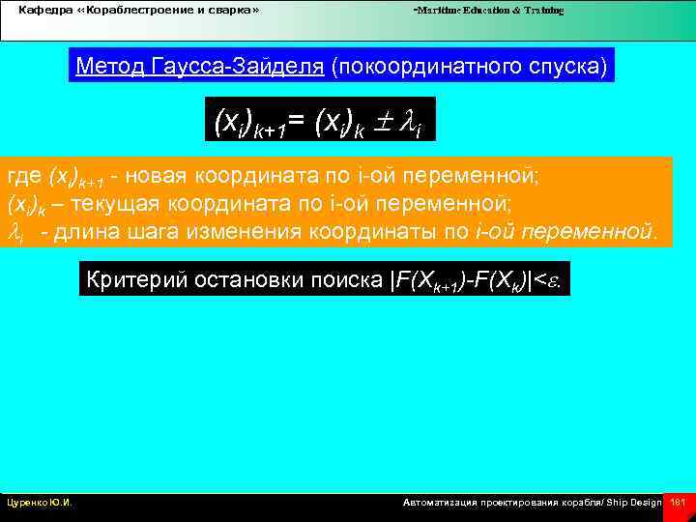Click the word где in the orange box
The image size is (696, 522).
click(x=22, y=177)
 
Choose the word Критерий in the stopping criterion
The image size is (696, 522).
click(x=130, y=281)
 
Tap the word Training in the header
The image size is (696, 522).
click(x=543, y=11)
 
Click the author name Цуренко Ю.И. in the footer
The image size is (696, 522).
click(x=40, y=503)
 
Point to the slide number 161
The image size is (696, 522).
click(x=678, y=503)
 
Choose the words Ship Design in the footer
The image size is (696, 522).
click(x=634, y=503)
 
